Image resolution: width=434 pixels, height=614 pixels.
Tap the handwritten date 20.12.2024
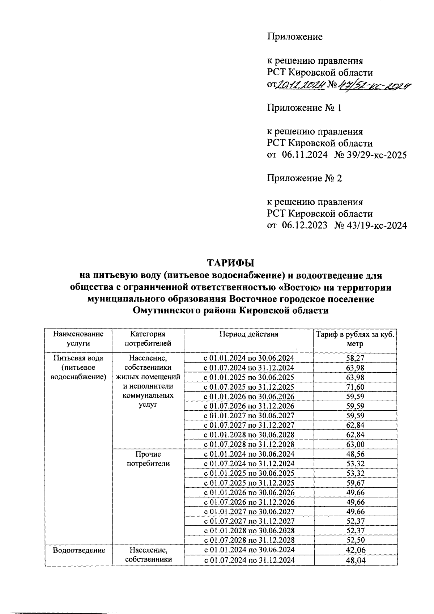tap(299, 85)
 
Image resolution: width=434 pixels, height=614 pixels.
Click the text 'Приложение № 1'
tap(304, 108)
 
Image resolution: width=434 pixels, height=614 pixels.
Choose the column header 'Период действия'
tap(249, 334)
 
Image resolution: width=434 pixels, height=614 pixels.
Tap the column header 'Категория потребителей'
tap(148, 339)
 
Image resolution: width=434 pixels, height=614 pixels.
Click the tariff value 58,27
tap(355, 358)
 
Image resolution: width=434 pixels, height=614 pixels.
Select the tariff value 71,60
tap(355, 387)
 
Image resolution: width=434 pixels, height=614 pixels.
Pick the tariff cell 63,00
tap(355, 444)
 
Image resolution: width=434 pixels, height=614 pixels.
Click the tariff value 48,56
tap(355, 454)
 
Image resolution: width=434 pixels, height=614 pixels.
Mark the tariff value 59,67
tap(355, 483)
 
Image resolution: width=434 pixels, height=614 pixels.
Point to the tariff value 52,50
tap(355, 540)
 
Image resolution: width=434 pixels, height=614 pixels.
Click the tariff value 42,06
tap(355, 550)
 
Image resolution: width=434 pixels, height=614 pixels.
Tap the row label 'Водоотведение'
tap(79, 550)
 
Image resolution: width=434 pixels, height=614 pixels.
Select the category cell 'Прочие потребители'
tap(148, 459)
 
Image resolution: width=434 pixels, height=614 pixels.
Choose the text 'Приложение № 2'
tap(304, 178)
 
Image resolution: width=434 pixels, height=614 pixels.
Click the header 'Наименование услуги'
tap(78, 339)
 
